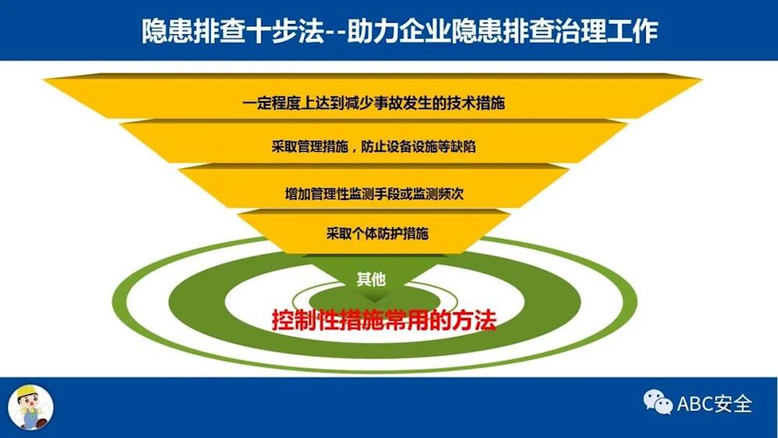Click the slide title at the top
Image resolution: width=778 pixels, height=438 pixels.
(400, 31)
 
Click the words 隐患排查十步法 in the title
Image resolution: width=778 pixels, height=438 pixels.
(233, 31)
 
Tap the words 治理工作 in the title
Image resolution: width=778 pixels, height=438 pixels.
(608, 31)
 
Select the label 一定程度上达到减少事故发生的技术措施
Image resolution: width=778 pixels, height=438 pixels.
(373, 103)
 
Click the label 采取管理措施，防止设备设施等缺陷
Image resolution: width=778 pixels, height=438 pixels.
(373, 146)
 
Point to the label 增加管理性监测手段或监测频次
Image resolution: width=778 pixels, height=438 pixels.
(374, 194)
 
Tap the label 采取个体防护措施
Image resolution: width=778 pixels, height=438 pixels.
(377, 233)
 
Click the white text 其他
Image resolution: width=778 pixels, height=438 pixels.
(371, 279)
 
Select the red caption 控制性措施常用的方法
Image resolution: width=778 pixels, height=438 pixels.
(384, 320)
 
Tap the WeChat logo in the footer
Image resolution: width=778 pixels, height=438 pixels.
(658, 401)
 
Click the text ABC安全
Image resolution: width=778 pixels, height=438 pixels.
(714, 403)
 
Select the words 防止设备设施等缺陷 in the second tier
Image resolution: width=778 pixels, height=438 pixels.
(419, 146)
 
